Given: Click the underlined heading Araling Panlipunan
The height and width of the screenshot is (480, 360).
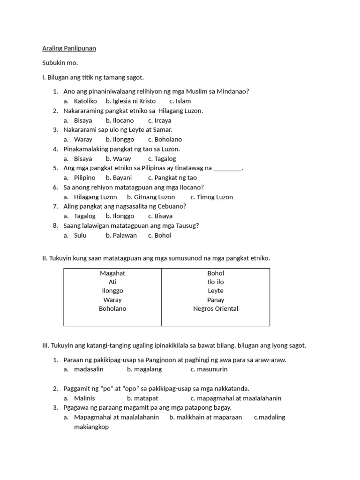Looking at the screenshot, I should pos(69,48).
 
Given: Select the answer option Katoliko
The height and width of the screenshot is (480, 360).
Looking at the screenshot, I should pos(85,101).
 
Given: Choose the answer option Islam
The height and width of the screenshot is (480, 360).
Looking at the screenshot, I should pos(183,101).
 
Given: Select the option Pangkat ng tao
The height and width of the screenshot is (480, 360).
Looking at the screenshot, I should pos(176,178).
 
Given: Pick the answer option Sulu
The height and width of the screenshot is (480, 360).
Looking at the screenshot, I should pos(80,235).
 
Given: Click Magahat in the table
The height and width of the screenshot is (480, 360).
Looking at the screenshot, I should pos(112,273).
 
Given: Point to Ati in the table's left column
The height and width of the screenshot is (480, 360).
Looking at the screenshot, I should pos(112,282).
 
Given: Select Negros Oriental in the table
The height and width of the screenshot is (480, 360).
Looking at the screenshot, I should pos(216,308).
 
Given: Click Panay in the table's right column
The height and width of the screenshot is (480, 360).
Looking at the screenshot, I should pos(216,300).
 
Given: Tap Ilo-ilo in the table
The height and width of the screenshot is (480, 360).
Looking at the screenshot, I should pos(216,282).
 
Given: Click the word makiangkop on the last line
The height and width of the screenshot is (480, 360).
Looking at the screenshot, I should pos(91,427).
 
